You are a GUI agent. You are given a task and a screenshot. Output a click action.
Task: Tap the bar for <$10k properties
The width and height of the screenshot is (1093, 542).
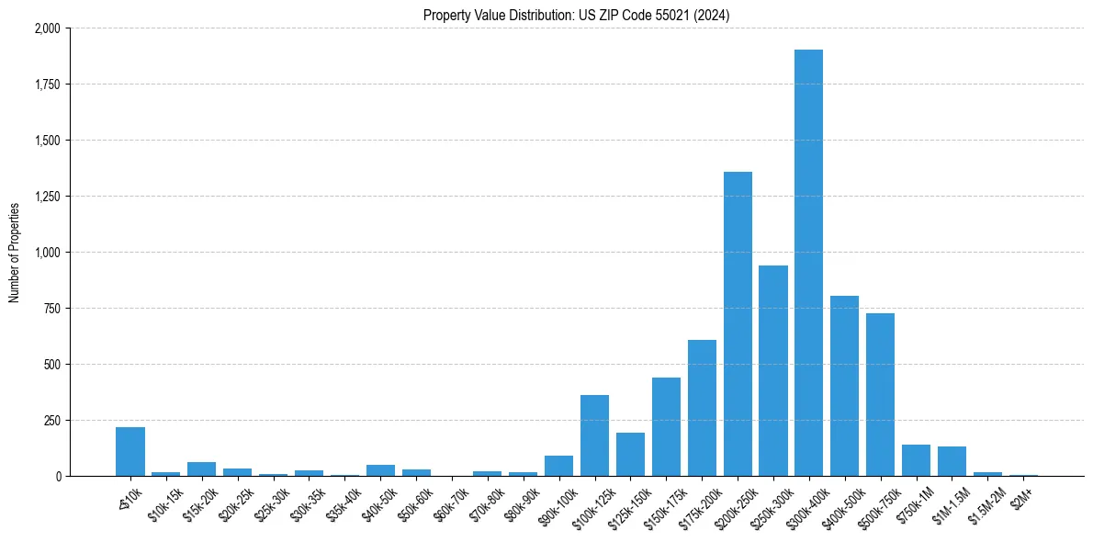[x=130, y=452]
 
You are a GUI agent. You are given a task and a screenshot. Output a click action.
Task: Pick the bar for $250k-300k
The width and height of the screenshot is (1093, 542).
[x=773, y=371]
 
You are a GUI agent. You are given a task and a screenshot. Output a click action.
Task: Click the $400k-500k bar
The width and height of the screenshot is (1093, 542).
[x=844, y=386]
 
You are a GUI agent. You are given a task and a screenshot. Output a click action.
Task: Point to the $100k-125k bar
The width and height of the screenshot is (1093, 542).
[x=595, y=435]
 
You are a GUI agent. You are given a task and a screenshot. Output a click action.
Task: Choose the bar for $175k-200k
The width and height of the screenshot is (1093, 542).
[x=702, y=408]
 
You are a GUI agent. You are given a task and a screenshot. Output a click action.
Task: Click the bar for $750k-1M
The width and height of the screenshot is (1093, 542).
[x=916, y=460]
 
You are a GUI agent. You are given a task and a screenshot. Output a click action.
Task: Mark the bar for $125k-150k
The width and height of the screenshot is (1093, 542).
[x=630, y=455]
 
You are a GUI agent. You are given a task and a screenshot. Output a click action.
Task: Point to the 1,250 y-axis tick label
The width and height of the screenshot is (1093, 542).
[x=46, y=197]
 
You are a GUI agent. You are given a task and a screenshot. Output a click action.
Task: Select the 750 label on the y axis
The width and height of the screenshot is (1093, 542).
[x=52, y=309]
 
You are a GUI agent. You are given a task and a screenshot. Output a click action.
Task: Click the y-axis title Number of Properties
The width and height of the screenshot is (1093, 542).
[x=14, y=253]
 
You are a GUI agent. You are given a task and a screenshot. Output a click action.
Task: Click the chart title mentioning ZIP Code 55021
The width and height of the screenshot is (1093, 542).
[x=576, y=15]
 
